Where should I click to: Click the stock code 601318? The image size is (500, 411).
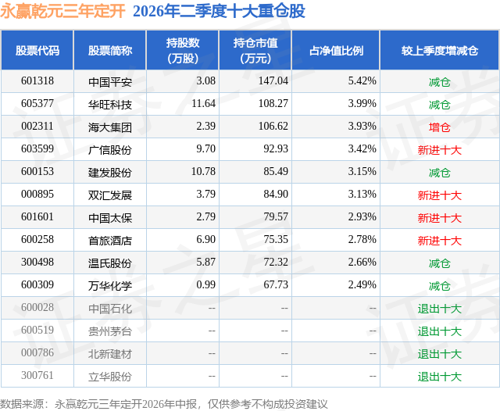pos(37,81)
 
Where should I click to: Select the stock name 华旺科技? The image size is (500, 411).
pos(110,104)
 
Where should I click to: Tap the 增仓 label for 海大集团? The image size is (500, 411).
pos(439,127)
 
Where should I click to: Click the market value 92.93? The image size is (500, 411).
pos(276,149)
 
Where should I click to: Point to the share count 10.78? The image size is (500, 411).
pos(203,172)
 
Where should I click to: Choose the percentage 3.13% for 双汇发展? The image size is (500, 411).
pos(362,195)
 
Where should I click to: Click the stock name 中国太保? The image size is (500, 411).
pos(110,218)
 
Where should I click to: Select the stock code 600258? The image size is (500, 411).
pos(37,239)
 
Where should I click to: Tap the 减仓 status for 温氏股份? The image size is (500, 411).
pos(439,263)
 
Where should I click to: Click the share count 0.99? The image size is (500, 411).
pos(205,284)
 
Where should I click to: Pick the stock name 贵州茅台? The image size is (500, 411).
pos(110,331)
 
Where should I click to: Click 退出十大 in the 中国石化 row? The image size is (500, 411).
pos(439,309)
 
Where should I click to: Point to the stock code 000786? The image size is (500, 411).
pos(37,352)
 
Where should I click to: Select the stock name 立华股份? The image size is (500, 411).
pos(110,377)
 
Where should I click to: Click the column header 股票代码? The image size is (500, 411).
pos(37,50)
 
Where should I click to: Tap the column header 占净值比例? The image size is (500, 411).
pos(336,50)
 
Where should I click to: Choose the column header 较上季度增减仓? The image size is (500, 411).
pos(439,50)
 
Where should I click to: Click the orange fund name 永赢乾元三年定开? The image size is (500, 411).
pos(62,12)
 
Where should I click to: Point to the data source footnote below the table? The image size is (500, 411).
pos(164,404)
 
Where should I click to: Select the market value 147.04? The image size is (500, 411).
pos(273,81)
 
